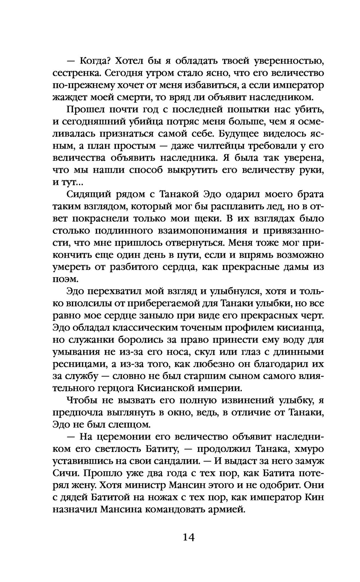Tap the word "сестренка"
(75, 73)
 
